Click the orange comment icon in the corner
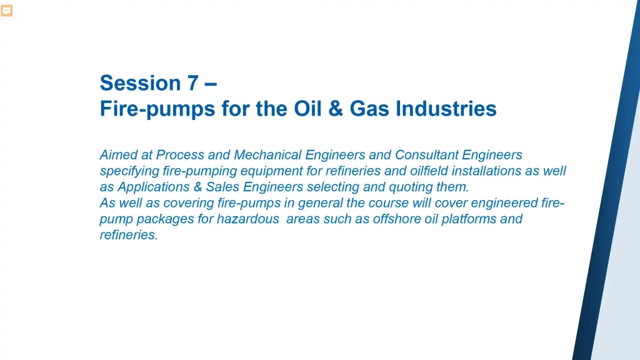click(x=7, y=11)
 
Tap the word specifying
click(x=127, y=171)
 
